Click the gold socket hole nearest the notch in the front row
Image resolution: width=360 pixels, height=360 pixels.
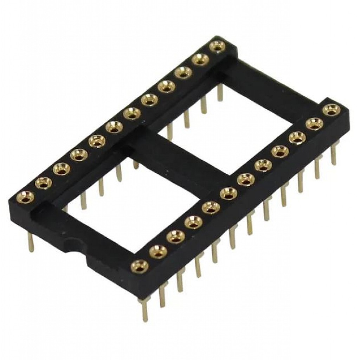(x=140, y=264)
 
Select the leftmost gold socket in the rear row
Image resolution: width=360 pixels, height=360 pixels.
(x=26, y=196)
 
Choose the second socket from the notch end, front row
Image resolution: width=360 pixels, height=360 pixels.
(x=158, y=250)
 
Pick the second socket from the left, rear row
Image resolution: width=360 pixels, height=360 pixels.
(x=43, y=182)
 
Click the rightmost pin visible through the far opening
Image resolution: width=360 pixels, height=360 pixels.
(x=220, y=93)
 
